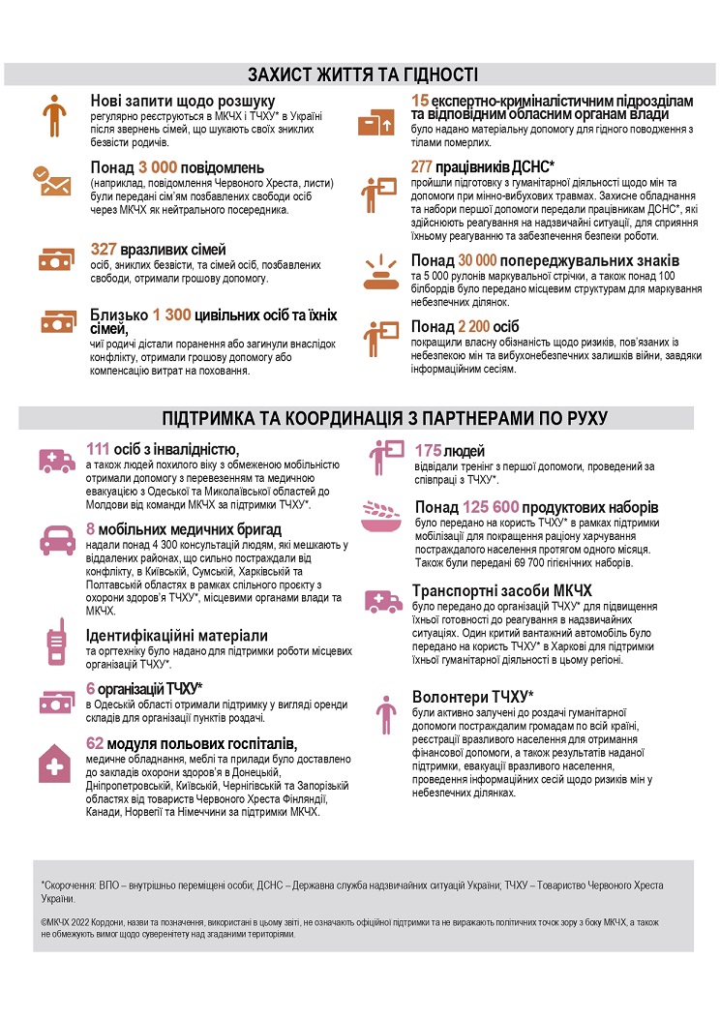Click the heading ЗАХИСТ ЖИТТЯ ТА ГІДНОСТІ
361,75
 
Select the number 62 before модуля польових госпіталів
95,743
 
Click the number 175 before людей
427,450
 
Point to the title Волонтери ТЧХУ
472,697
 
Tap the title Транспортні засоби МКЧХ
501,590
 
